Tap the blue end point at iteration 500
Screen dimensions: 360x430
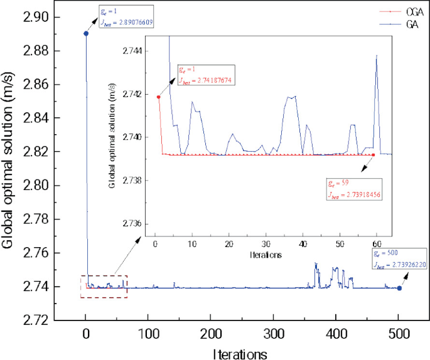click(399, 289)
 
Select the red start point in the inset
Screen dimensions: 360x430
click(159, 97)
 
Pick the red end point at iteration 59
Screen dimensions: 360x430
click(374, 154)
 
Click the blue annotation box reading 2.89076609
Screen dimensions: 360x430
click(126, 16)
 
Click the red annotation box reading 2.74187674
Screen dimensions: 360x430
click(205, 75)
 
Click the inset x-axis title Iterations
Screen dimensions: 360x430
click(266, 255)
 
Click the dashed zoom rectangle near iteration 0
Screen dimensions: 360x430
click(104, 286)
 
